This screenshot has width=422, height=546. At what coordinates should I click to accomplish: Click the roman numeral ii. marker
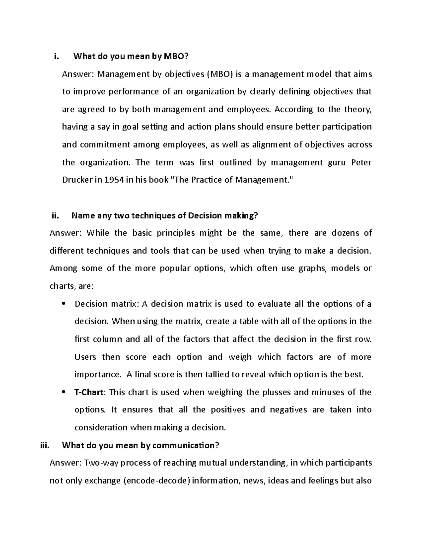pyautogui.click(x=56, y=216)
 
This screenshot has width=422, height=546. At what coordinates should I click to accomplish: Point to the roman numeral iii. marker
pyautogui.click(x=46, y=445)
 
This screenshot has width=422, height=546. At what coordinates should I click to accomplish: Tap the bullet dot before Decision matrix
pyautogui.click(x=63, y=304)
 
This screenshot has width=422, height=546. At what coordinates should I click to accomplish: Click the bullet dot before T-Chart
pyautogui.click(x=63, y=392)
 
